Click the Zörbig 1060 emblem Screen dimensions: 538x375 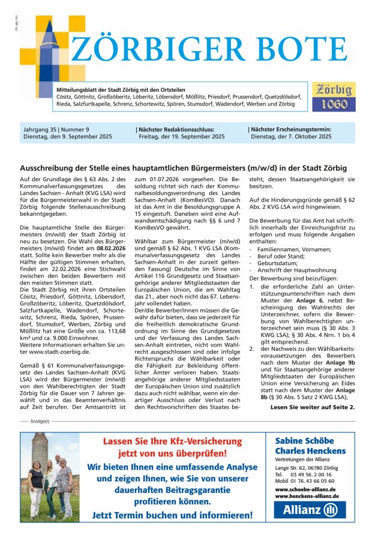(x=331, y=96)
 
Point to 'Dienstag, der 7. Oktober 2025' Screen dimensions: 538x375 (x=291, y=137)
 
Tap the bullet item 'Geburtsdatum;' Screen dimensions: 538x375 (x=278, y=255)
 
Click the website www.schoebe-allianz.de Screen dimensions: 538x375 (x=305, y=489)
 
